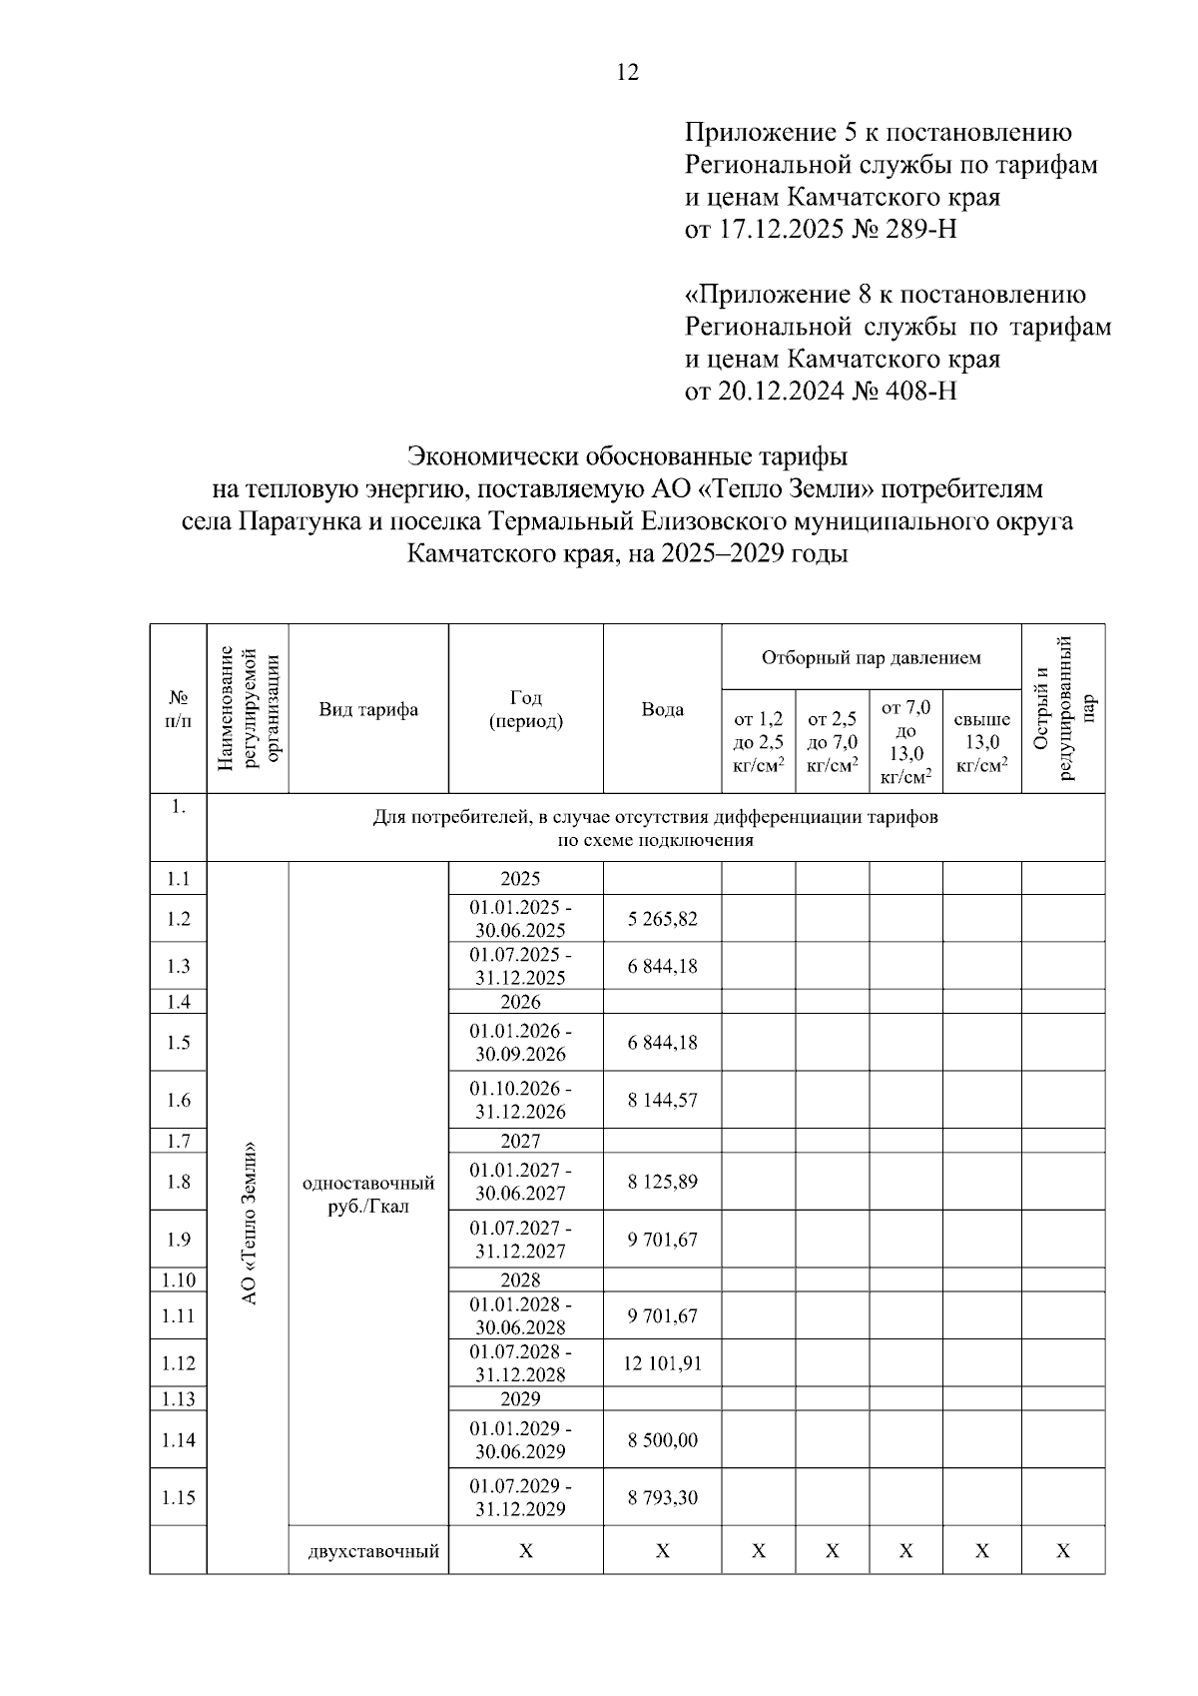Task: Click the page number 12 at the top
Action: (628, 72)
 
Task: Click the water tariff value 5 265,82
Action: (662, 919)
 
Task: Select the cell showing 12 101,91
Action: (662, 1363)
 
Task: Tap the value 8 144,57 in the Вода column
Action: (662, 1101)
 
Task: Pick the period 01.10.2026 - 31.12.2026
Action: (520, 1100)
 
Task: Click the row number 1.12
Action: (178, 1363)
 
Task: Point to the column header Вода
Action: (662, 710)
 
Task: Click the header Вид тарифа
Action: (368, 710)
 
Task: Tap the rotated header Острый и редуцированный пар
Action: (1063, 709)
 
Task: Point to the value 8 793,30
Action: (662, 1498)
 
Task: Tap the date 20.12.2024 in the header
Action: (780, 391)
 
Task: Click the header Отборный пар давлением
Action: (871, 658)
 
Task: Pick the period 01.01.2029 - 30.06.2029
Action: (520, 1440)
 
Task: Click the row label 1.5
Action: (178, 1043)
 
